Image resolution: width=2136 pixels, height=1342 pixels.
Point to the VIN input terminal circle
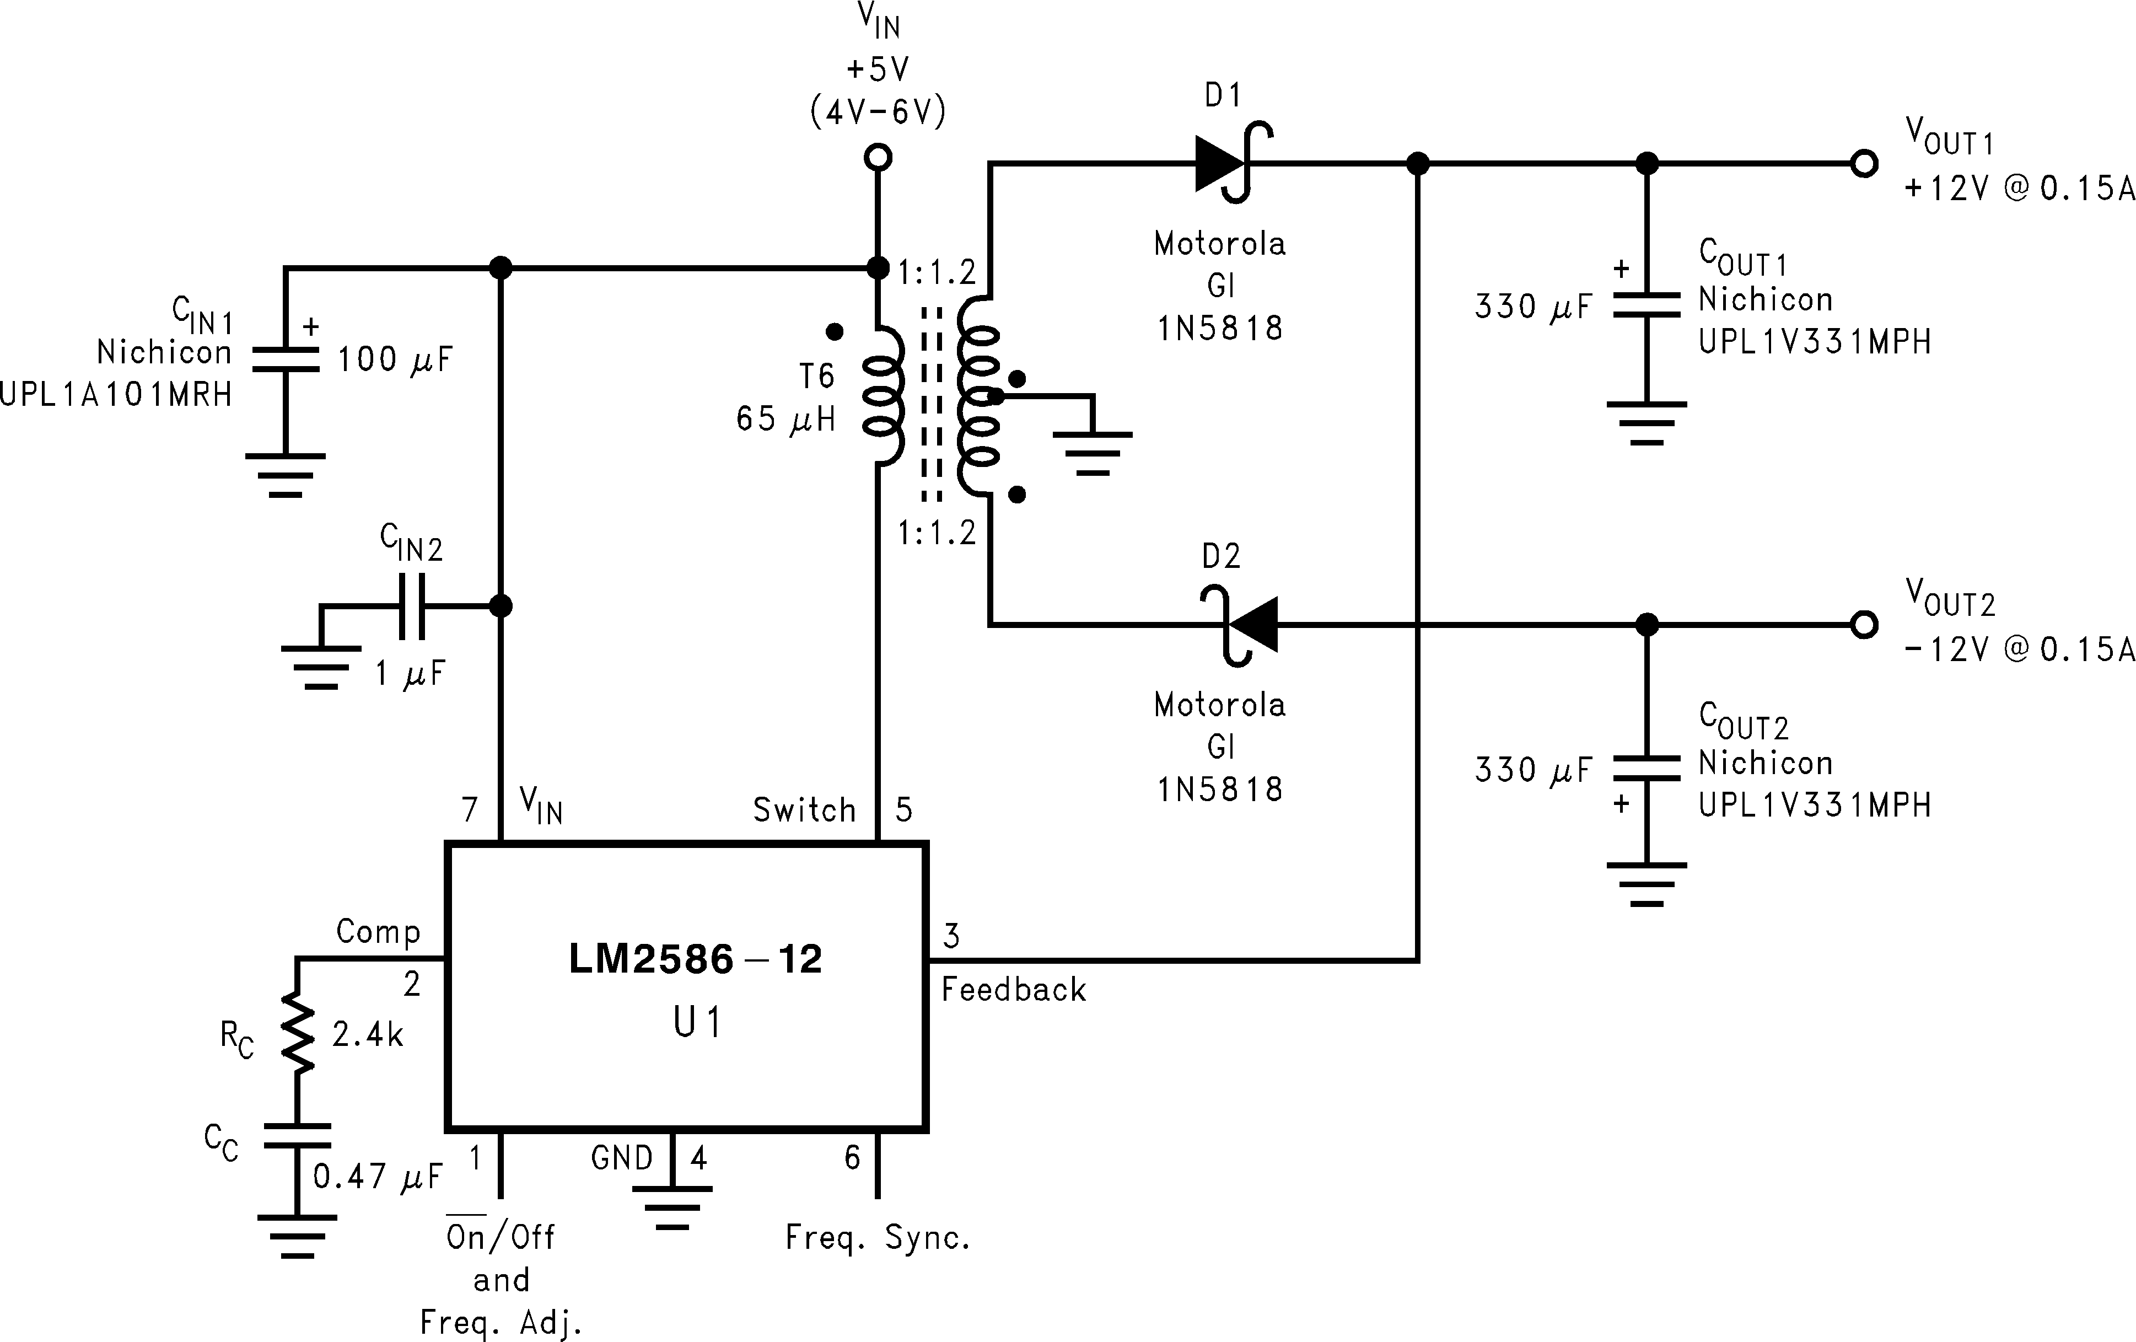click(878, 158)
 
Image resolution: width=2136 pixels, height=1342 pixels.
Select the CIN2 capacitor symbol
click(411, 606)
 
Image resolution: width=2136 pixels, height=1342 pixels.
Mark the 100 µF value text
click(395, 359)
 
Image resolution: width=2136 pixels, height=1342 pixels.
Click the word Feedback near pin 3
click(1013, 990)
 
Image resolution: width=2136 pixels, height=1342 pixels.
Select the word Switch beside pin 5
click(804, 810)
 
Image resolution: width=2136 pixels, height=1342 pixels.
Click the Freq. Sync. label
click(878, 1237)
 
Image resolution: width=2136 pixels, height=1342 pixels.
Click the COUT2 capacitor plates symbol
click(1647, 768)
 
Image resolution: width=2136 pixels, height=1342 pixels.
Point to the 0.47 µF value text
click(377, 1177)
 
